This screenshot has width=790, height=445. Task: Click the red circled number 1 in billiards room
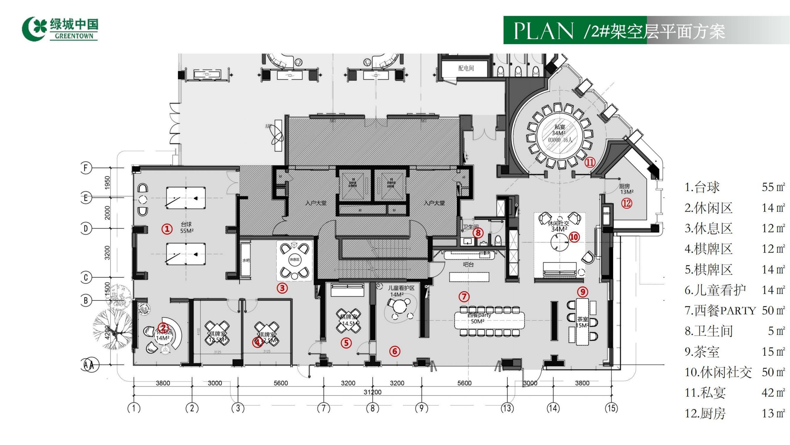click(167, 229)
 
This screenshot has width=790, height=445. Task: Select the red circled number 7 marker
click(464, 297)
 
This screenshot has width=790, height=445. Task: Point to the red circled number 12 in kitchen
click(627, 203)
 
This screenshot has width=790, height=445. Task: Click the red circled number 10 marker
click(574, 237)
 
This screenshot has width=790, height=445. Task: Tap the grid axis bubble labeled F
click(86, 168)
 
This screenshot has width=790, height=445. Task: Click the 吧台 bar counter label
click(468, 264)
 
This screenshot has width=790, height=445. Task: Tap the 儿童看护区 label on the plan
click(401, 288)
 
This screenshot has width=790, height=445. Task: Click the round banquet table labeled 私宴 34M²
click(560, 134)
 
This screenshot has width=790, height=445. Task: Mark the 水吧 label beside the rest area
click(246, 260)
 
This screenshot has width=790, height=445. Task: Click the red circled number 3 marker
click(282, 288)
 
